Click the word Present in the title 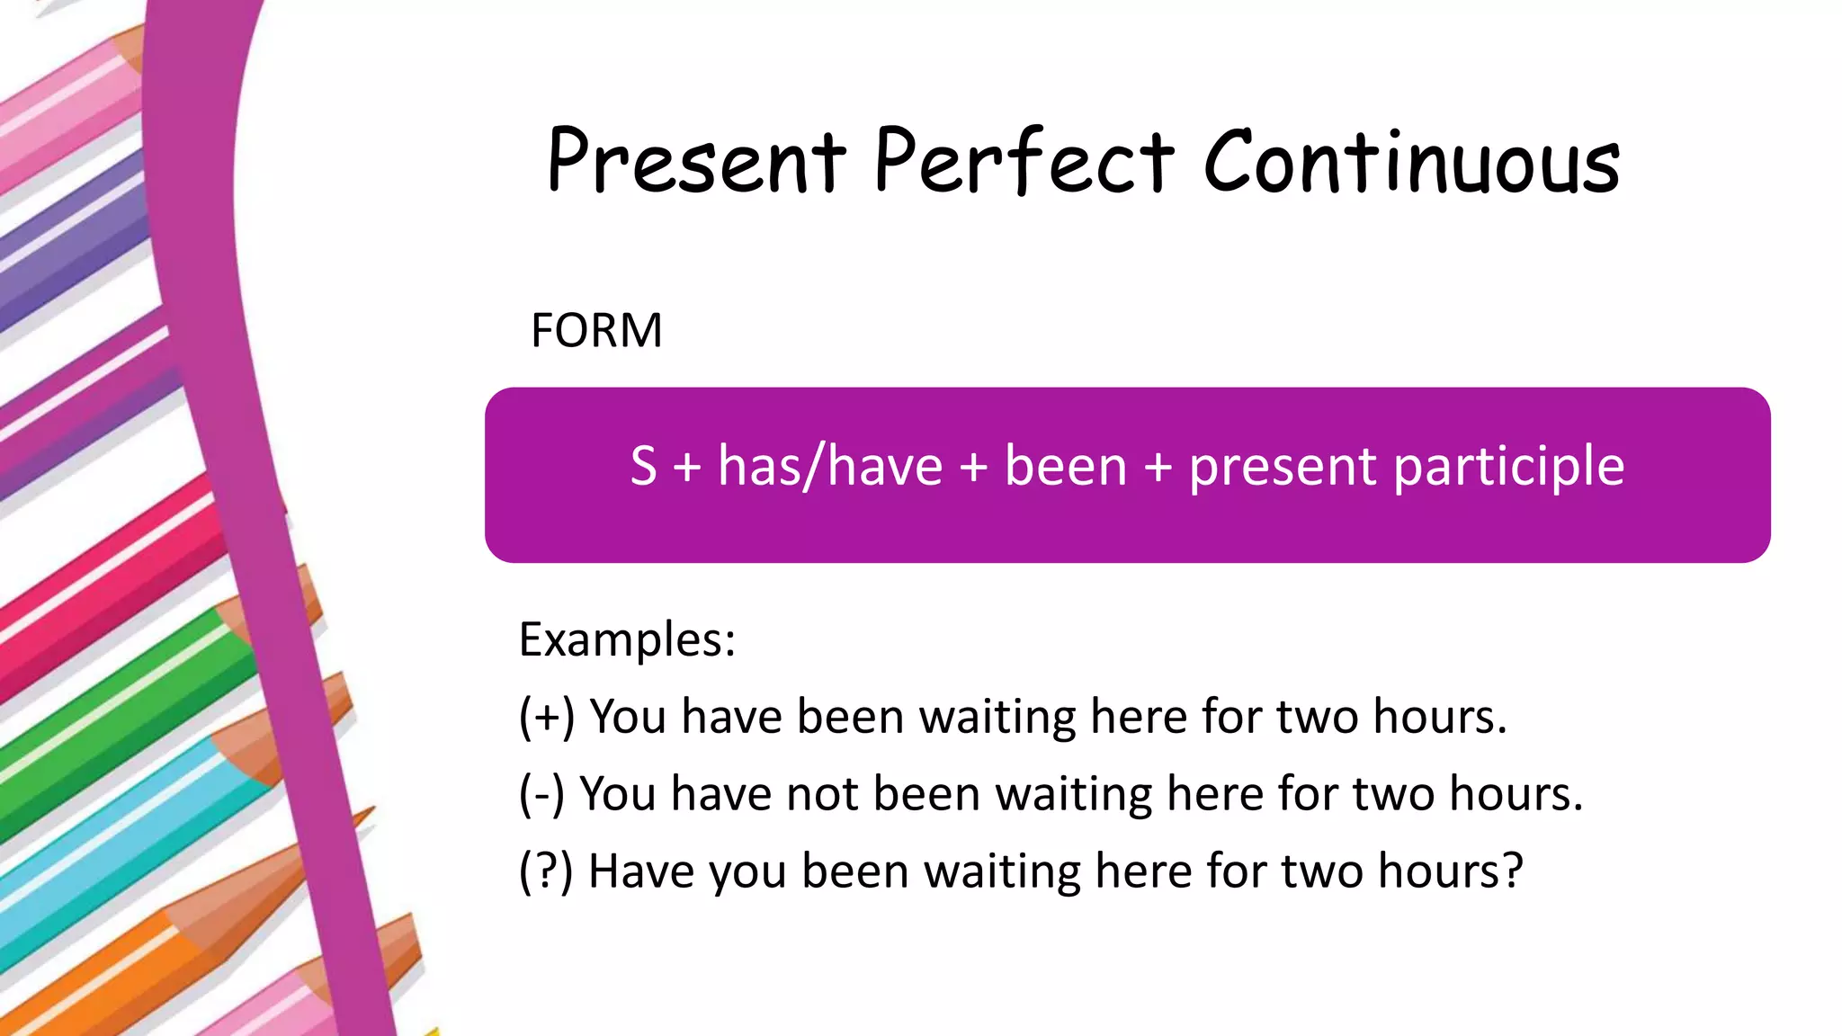coord(696,162)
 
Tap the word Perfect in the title coord(1024,162)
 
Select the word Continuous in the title coord(1411,162)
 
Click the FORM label coord(596,330)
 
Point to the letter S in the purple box coord(643,466)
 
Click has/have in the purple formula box coord(829,466)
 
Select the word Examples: coord(627,640)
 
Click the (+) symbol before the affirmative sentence coord(546,718)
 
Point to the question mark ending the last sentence coord(1511,871)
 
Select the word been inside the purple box coord(1065,466)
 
